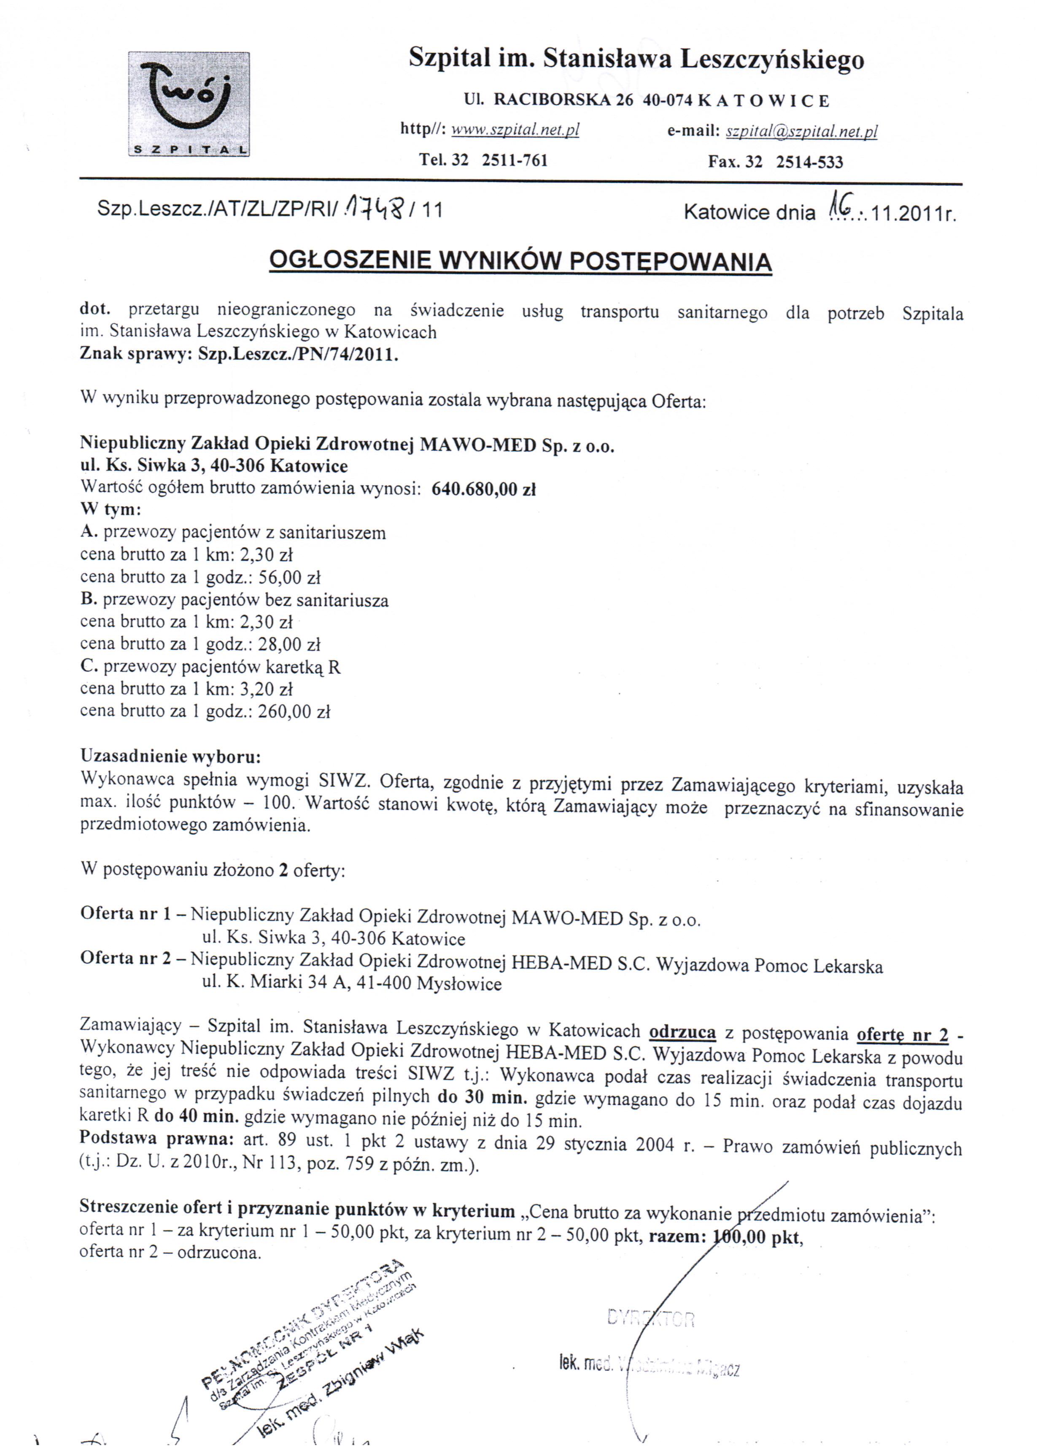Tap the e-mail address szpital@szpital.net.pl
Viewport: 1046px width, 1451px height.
tap(802, 132)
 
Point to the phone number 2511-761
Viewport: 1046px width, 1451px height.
tap(514, 160)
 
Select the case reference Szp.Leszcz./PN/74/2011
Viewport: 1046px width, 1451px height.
tap(298, 355)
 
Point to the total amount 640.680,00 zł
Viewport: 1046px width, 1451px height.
tap(483, 489)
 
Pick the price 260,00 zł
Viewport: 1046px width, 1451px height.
tap(294, 711)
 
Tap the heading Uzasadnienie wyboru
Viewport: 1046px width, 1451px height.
tap(170, 756)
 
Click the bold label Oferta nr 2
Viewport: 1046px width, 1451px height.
tap(125, 958)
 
